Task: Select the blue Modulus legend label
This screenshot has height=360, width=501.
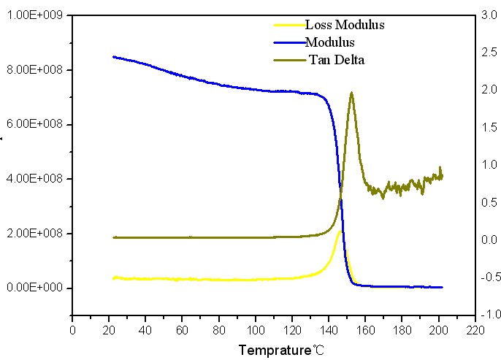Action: tap(330, 42)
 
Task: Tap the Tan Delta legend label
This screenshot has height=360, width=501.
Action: tap(336, 60)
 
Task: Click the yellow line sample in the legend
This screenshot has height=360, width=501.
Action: tap(288, 25)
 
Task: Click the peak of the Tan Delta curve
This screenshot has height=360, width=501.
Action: tap(351, 93)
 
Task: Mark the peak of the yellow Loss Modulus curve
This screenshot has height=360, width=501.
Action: tap(340, 232)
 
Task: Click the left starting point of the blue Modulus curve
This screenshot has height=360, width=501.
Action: tap(112, 56)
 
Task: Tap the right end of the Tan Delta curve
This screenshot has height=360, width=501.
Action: tap(442, 175)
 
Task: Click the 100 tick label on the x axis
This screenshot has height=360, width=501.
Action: tap(256, 330)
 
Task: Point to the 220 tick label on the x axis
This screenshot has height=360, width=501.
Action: tap(476, 330)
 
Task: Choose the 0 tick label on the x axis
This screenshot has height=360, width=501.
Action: tap(72, 330)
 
